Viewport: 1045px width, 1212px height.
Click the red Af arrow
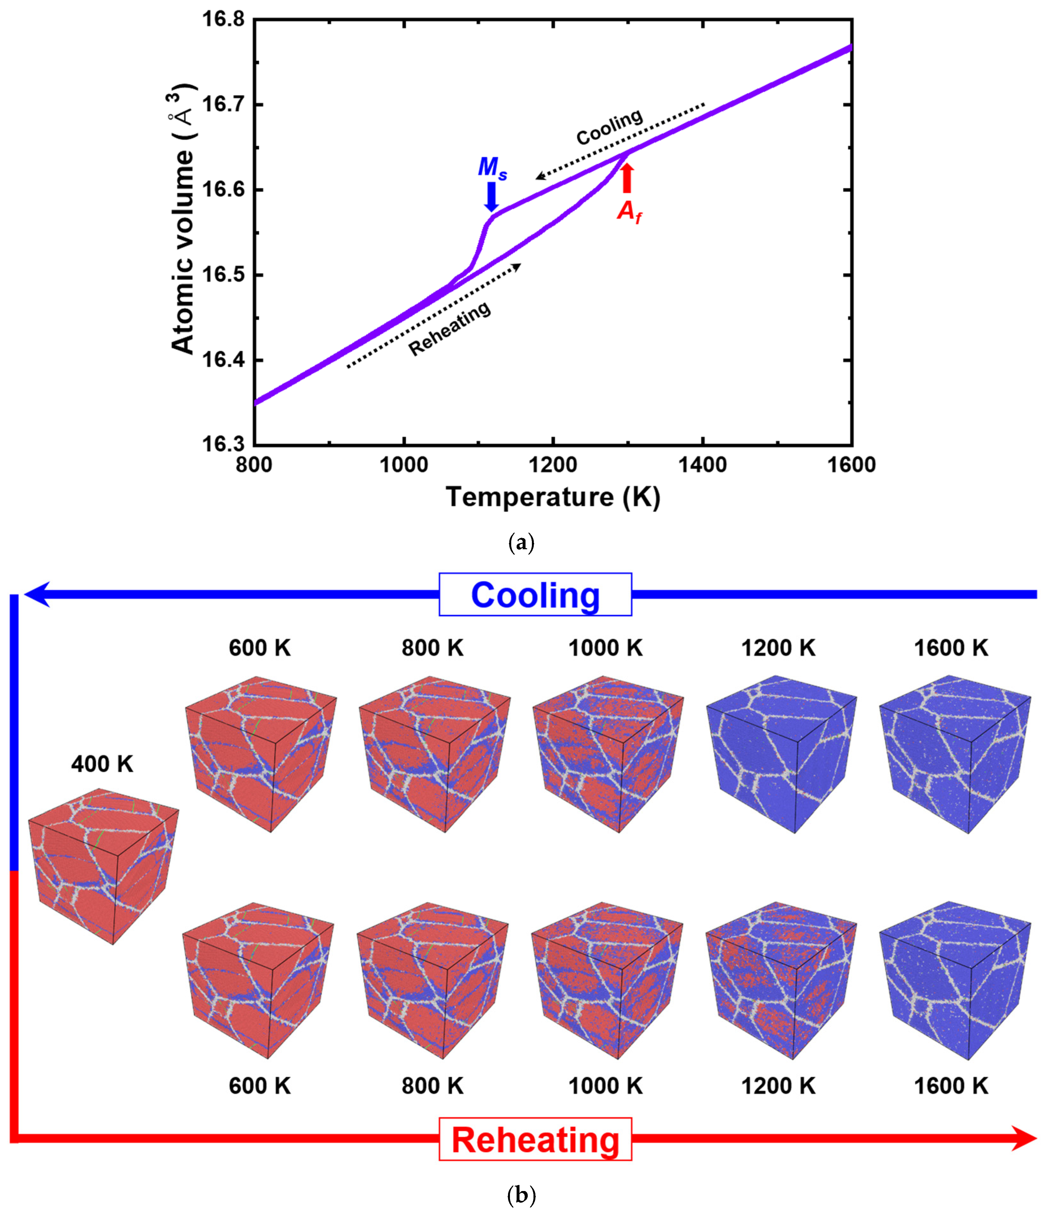coord(627,177)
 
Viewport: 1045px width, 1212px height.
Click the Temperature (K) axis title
coord(553,497)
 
